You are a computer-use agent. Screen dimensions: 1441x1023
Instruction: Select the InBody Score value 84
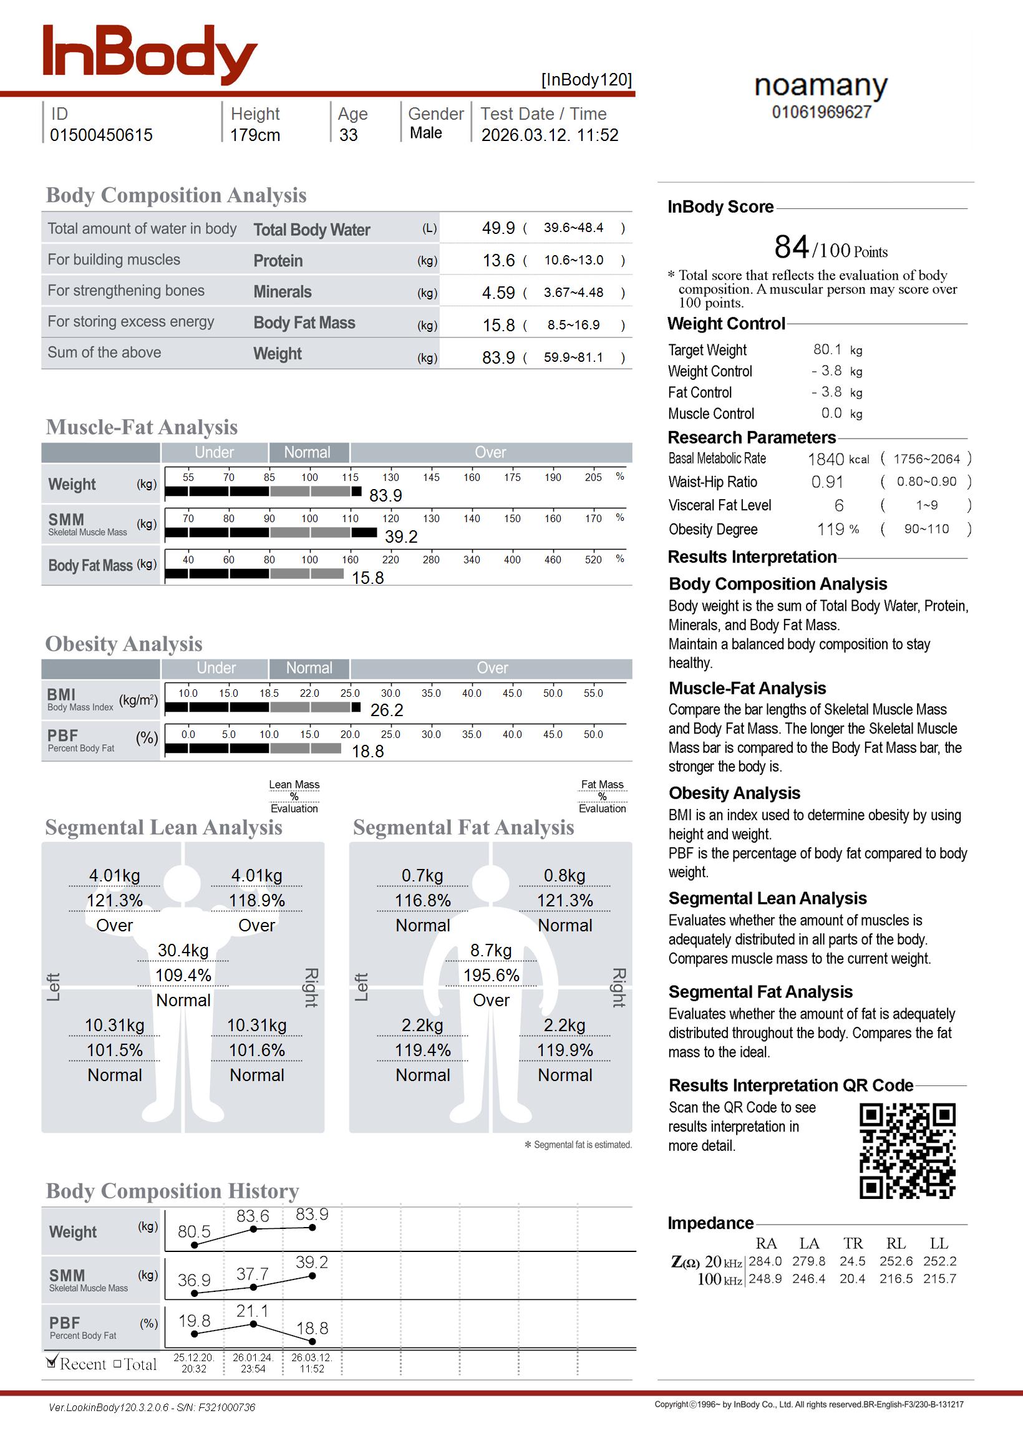click(x=791, y=247)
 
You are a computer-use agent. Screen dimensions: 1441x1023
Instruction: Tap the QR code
click(x=907, y=1150)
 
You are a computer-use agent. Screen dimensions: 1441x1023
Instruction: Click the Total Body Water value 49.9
click(x=498, y=228)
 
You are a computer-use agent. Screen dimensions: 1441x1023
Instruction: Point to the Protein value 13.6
click(x=498, y=260)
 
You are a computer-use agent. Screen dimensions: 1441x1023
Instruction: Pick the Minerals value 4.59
click(x=498, y=293)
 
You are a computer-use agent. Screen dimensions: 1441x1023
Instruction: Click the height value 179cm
click(x=255, y=135)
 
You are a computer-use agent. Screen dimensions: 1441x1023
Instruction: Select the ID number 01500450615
click(x=101, y=135)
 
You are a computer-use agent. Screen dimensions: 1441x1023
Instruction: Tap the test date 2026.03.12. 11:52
click(x=550, y=135)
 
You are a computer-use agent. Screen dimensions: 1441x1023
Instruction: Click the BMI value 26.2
click(x=386, y=710)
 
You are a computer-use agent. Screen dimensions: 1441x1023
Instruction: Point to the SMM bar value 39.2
click(x=400, y=536)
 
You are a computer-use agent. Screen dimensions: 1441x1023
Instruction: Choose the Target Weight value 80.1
click(x=827, y=349)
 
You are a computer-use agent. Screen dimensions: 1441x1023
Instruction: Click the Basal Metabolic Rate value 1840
click(x=825, y=459)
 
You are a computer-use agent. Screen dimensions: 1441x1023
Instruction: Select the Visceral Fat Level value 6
click(x=838, y=506)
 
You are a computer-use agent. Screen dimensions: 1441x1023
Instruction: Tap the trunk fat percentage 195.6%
click(x=491, y=976)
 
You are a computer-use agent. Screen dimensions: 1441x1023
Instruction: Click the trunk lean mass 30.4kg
click(x=183, y=951)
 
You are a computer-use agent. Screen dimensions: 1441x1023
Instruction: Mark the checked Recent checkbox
click(x=52, y=1363)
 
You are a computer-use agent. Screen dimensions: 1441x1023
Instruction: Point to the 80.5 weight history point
click(x=194, y=1244)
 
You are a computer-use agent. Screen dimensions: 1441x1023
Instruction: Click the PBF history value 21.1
click(x=252, y=1311)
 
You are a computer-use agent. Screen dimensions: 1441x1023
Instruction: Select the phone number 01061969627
click(x=822, y=112)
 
